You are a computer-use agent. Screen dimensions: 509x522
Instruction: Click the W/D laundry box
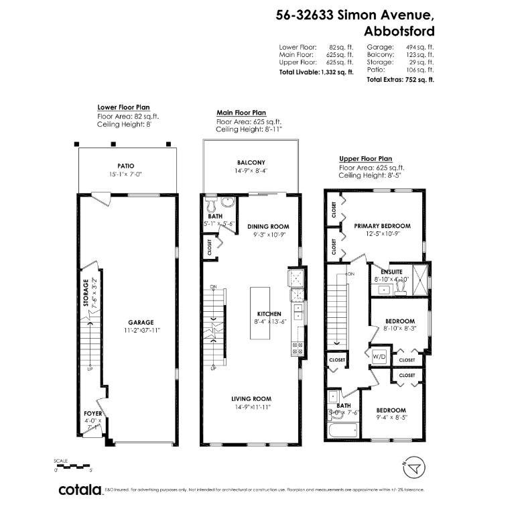(x=379, y=356)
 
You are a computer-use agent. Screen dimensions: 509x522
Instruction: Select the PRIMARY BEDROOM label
(x=382, y=226)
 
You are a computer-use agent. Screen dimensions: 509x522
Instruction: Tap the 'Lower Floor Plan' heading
(x=124, y=107)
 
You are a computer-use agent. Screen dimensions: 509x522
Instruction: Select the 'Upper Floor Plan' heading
(x=365, y=158)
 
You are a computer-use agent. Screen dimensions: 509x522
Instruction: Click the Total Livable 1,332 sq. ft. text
(x=316, y=71)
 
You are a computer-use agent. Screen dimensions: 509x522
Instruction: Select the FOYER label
(x=92, y=414)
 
